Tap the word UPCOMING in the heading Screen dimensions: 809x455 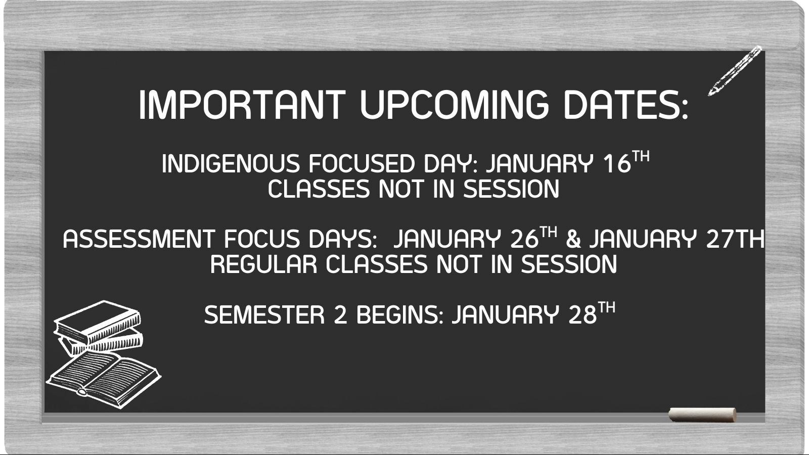coord(455,105)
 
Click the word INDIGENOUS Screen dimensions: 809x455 coord(231,164)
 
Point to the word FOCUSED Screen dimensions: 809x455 coord(362,164)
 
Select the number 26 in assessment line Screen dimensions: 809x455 coord(525,239)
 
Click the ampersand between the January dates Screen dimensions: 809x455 coord(573,240)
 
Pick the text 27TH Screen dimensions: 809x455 coord(735,239)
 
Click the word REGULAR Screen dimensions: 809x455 coord(263,264)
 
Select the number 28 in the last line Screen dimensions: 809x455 coord(582,314)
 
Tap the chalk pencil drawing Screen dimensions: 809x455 coord(735,71)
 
